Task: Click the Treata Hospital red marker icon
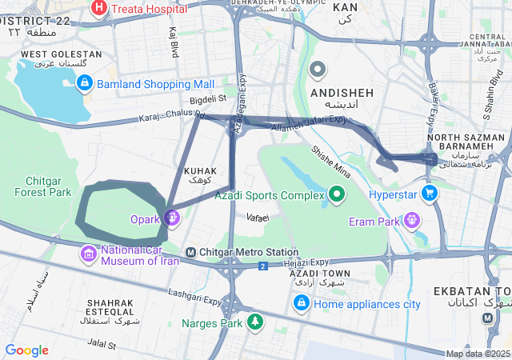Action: click(99, 9)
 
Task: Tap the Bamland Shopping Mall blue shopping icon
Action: click(85, 83)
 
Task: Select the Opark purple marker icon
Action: click(172, 217)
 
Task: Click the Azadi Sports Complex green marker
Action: click(337, 194)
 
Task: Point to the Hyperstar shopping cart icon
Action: click(430, 194)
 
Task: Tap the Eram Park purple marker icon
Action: click(412, 218)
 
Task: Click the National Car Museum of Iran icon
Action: click(88, 254)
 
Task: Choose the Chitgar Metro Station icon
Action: click(190, 253)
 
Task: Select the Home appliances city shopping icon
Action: click(302, 303)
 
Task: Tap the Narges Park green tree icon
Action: click(254, 322)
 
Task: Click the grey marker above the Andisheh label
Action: click(318, 70)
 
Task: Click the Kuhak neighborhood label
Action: click(201, 176)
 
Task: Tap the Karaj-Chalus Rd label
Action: click(171, 117)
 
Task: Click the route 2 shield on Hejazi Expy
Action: click(262, 266)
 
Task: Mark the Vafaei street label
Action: click(258, 218)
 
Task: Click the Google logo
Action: click(26, 350)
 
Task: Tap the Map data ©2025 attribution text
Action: click(478, 354)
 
